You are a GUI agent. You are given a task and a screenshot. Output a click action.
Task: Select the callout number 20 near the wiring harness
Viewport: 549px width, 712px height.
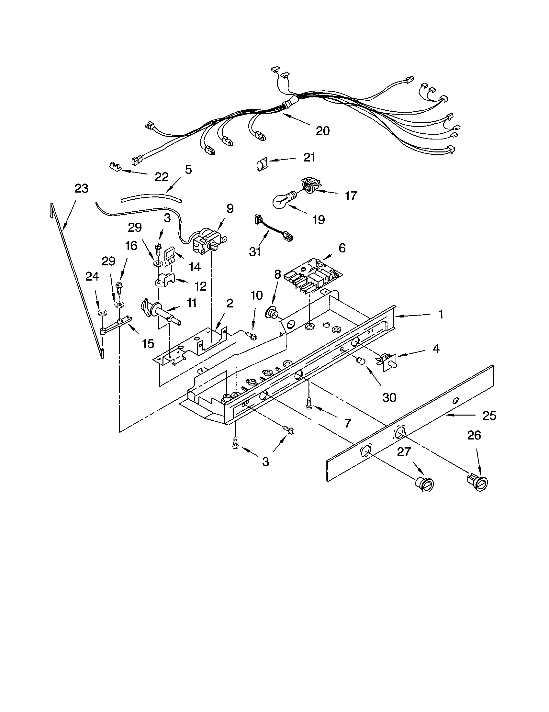tap(322, 131)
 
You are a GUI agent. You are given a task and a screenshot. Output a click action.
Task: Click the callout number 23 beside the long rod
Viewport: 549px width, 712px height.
tap(81, 188)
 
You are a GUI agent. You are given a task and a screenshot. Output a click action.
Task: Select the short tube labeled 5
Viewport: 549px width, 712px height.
tap(151, 198)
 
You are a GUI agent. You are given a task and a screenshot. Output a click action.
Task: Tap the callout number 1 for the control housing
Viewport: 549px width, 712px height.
tap(441, 315)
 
